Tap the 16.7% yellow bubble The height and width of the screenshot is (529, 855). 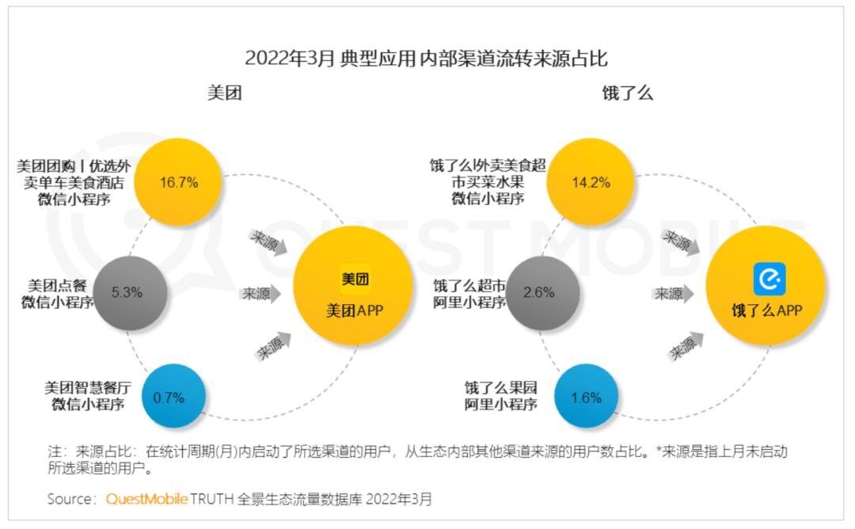click(178, 182)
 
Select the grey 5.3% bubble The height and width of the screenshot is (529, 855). click(127, 292)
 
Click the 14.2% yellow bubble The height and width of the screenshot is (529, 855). click(591, 182)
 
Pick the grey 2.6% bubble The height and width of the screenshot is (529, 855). click(539, 292)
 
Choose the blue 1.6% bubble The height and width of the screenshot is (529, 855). click(586, 398)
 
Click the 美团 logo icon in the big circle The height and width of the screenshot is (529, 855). click(355, 279)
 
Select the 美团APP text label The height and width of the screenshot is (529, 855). click(355, 311)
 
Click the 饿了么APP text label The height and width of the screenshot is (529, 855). click(766, 311)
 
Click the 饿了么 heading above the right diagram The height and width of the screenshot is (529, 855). click(627, 93)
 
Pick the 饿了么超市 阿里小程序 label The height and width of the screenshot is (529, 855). click(469, 293)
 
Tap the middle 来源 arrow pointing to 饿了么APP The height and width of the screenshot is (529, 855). click(674, 293)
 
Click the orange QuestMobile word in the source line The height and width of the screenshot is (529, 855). click(146, 499)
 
